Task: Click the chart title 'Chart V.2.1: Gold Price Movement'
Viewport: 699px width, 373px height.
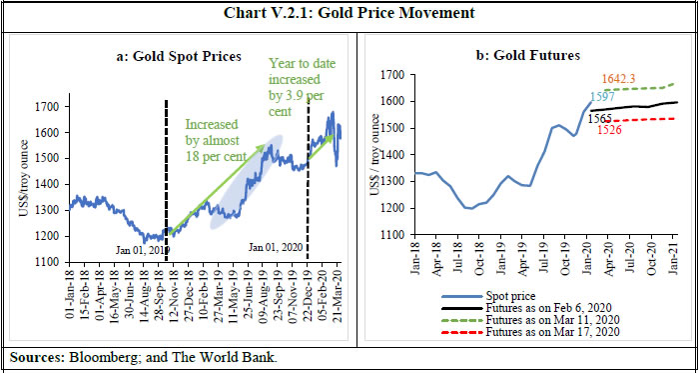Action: (x=349, y=13)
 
